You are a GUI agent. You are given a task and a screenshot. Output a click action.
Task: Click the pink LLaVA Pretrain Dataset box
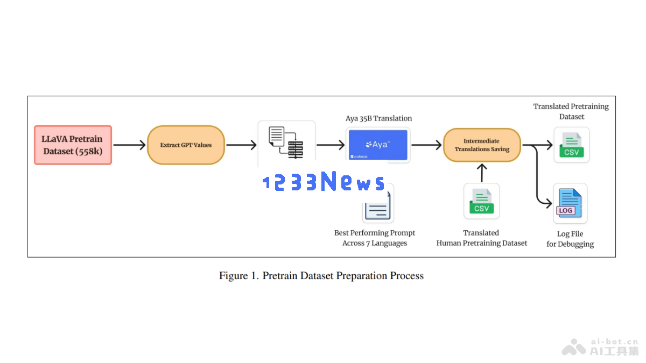[x=73, y=145]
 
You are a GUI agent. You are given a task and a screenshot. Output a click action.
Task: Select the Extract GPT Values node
[x=186, y=145]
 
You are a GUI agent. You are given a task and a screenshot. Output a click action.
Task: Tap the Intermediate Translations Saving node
[x=482, y=145]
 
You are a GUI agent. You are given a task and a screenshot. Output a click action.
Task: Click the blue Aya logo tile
[x=378, y=145]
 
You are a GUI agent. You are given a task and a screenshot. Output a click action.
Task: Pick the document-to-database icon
[x=286, y=143]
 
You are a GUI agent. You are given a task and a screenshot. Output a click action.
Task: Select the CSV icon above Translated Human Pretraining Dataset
[x=482, y=201]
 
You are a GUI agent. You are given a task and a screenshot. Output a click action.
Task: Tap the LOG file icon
[x=570, y=203]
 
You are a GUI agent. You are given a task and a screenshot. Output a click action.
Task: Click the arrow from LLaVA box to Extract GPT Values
[x=130, y=145]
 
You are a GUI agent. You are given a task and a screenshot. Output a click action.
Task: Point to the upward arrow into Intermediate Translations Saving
[x=482, y=173]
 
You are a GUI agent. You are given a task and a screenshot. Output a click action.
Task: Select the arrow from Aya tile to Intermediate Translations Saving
[x=426, y=145]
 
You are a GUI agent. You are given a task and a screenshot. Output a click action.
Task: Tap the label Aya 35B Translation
[x=378, y=118]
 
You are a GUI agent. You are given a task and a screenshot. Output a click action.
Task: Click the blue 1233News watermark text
[x=324, y=181]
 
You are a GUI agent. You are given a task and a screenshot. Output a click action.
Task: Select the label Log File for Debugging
[x=570, y=239]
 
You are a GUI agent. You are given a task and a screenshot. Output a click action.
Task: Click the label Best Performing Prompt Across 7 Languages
[x=375, y=238]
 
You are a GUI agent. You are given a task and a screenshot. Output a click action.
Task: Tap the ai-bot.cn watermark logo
[x=600, y=347]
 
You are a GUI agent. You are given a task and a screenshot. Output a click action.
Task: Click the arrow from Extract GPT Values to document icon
[x=241, y=145]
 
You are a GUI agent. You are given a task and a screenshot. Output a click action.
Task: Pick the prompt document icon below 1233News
[x=378, y=205]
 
